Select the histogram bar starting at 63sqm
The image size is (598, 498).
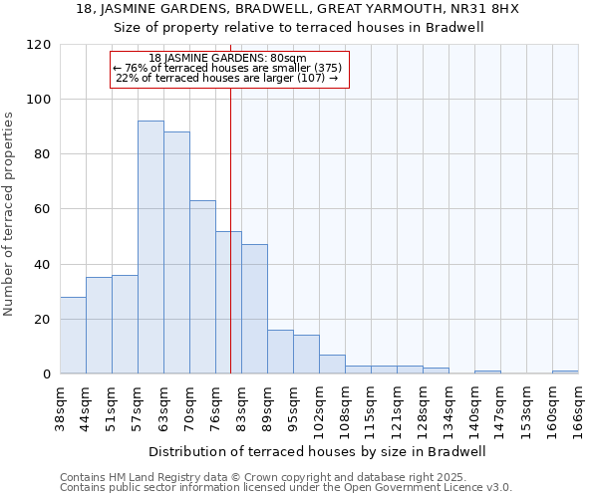(x=176, y=253)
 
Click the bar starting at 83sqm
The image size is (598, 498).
(x=254, y=309)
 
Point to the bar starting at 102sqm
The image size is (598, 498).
(x=332, y=365)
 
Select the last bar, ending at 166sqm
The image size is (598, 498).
(x=565, y=373)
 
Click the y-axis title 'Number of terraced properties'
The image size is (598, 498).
(x=9, y=214)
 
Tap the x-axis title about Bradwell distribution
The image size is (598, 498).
(x=318, y=451)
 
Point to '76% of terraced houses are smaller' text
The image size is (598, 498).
(x=227, y=68)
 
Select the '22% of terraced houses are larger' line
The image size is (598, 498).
(x=227, y=78)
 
